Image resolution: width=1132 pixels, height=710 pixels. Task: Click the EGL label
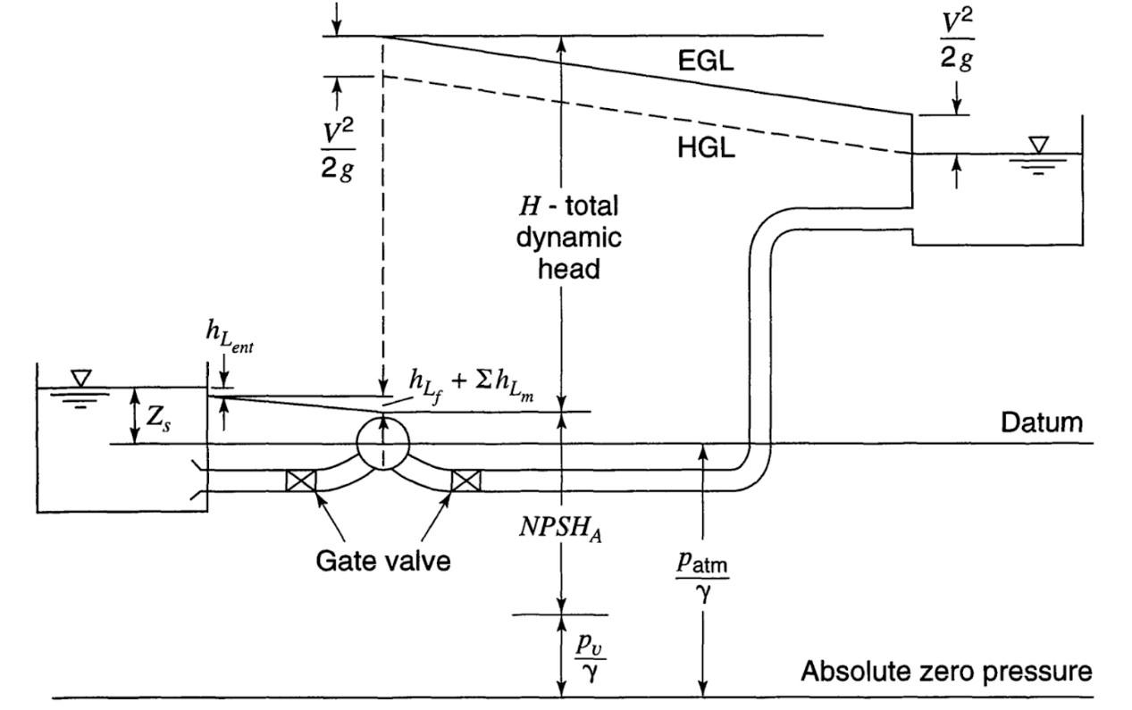click(706, 61)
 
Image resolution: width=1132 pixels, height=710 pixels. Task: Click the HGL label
click(706, 148)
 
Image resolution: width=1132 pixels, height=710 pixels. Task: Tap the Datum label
click(1042, 422)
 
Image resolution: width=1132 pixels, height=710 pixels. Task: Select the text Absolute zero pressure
click(946, 671)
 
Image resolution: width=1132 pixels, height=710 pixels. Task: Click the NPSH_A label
click(560, 528)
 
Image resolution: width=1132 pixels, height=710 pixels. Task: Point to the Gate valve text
click(383, 561)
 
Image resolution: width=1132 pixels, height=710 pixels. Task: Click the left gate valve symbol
click(301, 480)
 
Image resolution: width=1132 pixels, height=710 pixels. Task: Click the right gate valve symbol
click(466, 480)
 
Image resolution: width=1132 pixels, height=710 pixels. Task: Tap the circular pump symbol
click(383, 443)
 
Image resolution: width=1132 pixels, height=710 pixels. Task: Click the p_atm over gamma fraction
click(702, 576)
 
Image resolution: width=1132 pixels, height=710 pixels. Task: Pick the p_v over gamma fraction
click(591, 657)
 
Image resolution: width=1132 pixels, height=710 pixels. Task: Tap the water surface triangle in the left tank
click(80, 379)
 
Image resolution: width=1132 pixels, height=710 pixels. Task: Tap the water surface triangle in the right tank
click(1039, 145)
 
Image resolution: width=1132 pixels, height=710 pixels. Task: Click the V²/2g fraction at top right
click(957, 40)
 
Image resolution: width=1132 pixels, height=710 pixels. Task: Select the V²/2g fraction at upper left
click(338, 150)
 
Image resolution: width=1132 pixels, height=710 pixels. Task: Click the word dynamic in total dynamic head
click(568, 238)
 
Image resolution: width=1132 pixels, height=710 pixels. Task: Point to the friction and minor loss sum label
click(471, 388)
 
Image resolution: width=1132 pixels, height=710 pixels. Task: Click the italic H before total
click(530, 206)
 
